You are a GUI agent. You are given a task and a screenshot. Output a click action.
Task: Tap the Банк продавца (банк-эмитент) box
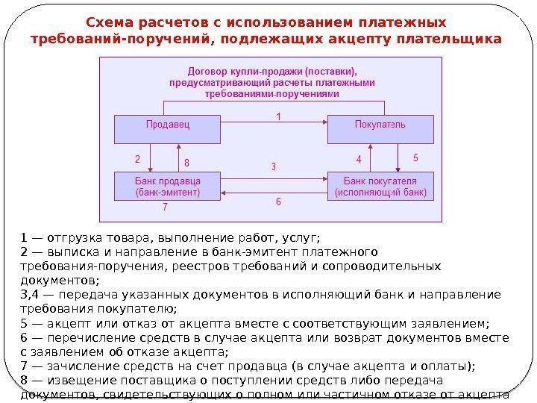[x=167, y=186]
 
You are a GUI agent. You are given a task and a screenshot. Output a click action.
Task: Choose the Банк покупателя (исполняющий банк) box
[x=380, y=186]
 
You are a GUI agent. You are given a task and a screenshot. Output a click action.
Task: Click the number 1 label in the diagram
[x=279, y=116]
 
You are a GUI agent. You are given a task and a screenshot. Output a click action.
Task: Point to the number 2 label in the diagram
[x=137, y=159]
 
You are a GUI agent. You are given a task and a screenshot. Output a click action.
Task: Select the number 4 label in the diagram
[x=358, y=160]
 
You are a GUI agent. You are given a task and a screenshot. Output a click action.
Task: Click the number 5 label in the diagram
[x=415, y=158]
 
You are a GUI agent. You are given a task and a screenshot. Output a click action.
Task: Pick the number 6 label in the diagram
[x=279, y=202]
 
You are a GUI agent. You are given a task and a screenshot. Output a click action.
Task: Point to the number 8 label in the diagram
[x=186, y=162]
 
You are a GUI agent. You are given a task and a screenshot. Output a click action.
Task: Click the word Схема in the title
[x=109, y=22]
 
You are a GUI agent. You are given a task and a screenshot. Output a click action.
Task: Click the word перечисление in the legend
[x=79, y=338]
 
